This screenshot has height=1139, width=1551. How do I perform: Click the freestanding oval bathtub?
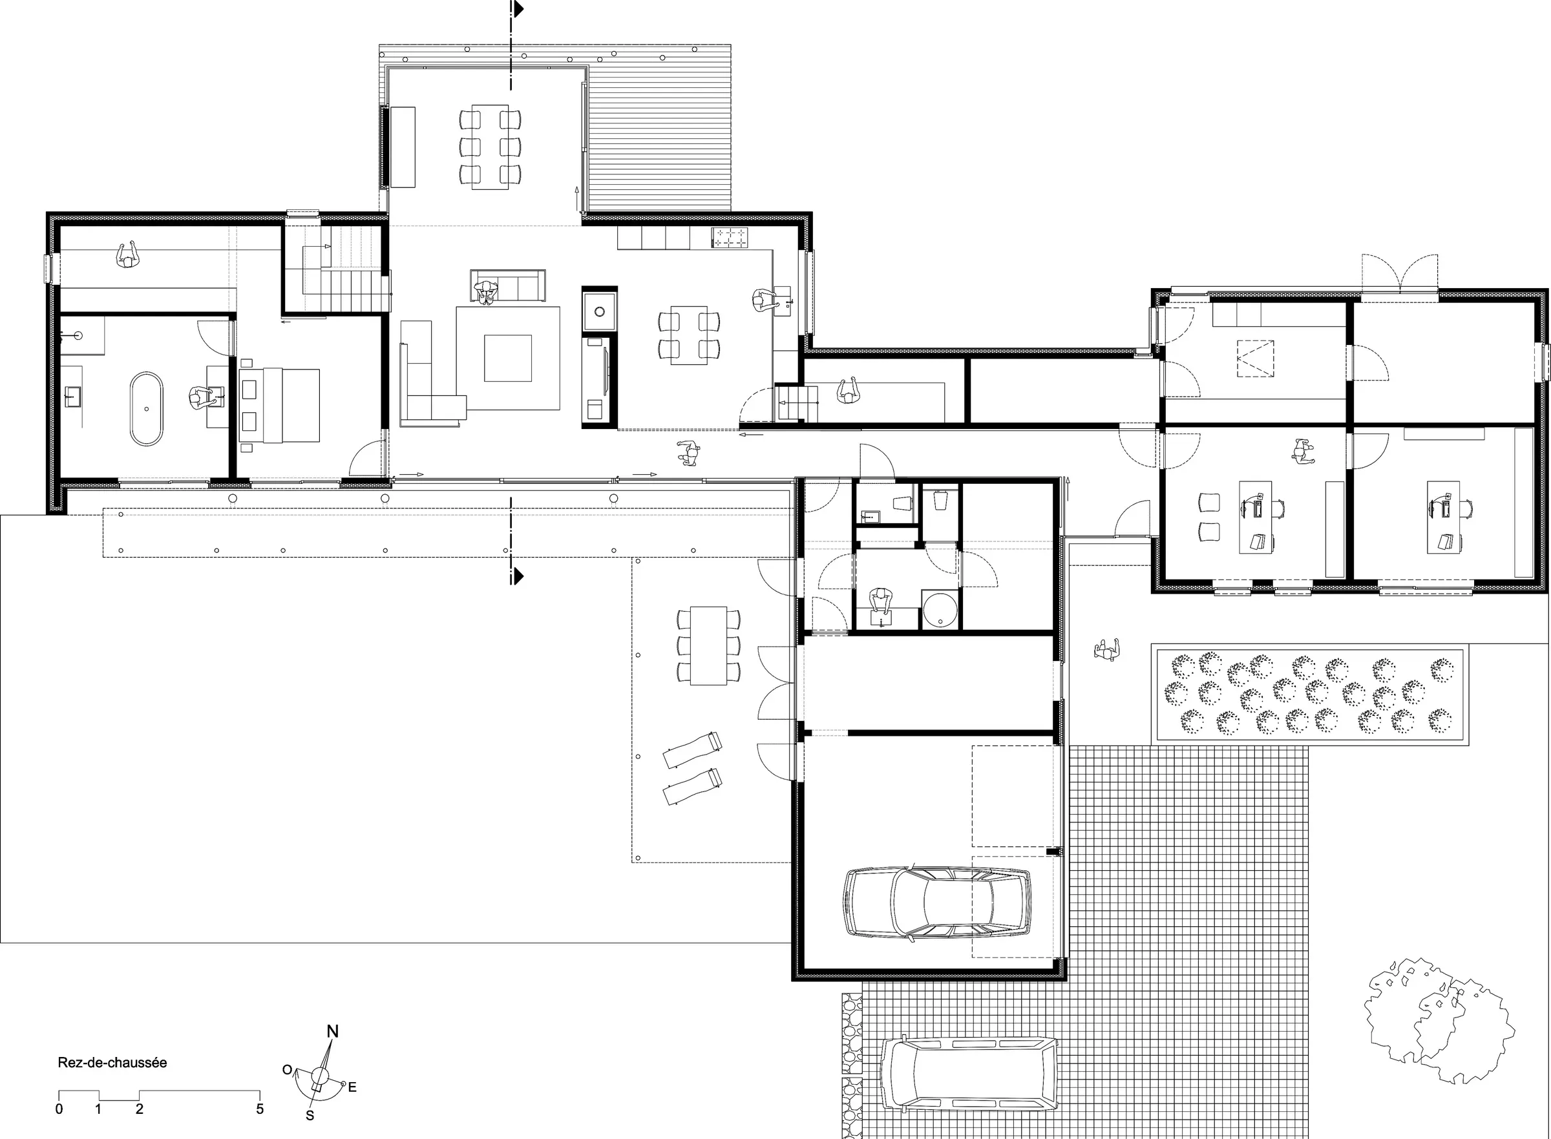[x=147, y=409]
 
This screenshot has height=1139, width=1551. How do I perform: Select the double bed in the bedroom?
[x=279, y=406]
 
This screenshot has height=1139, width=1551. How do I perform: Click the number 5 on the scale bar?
[x=260, y=1109]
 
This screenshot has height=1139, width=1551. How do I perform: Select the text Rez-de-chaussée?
[x=112, y=1063]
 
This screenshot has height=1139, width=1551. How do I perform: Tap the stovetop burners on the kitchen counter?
[x=729, y=238]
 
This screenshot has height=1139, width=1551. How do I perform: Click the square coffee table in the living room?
[x=507, y=358]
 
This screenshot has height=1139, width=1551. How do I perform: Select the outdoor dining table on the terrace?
[x=708, y=645]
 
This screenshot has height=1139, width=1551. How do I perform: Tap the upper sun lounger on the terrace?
[x=692, y=750]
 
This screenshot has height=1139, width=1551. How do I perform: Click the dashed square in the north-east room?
[x=1255, y=359]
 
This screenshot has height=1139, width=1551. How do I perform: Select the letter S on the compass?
[x=310, y=1115]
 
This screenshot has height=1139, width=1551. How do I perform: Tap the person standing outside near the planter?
[x=1107, y=649]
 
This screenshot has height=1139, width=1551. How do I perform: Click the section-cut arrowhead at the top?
[x=518, y=9]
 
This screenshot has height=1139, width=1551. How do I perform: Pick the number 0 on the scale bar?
[x=59, y=1109]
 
